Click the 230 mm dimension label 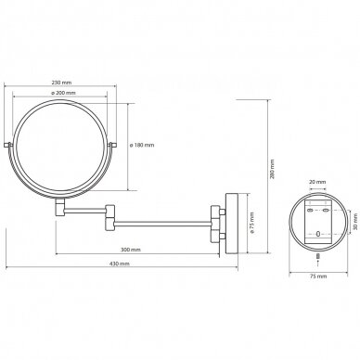point(61,83)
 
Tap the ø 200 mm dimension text point(63,93)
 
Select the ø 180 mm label point(142,145)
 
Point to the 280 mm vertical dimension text point(272,170)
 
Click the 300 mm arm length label point(131,250)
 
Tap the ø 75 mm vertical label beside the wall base point(252,223)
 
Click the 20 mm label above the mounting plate point(317,182)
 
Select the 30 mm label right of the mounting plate point(355,222)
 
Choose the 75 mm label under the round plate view point(318,276)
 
